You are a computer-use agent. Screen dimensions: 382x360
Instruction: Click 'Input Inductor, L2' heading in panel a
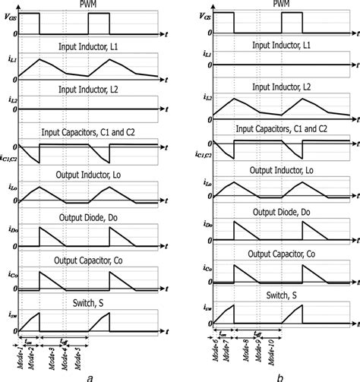(x=91, y=88)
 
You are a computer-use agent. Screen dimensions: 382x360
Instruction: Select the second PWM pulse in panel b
(x=292, y=24)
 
